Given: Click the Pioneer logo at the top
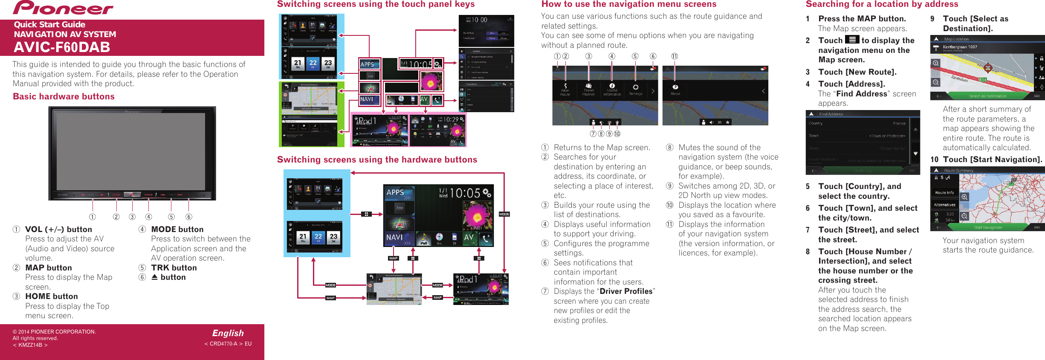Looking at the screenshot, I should tap(63, 8).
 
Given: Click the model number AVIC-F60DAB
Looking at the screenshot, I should tap(62, 47).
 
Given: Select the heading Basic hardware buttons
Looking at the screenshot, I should tap(64, 96).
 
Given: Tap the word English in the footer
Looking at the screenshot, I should tap(228, 333).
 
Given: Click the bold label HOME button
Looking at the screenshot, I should tap(51, 296).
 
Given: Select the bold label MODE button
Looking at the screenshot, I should tap(177, 229).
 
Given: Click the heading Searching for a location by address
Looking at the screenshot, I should tap(882, 4).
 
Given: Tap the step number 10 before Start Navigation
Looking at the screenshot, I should tap(934, 160).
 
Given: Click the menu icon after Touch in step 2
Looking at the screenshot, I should tap(852, 40).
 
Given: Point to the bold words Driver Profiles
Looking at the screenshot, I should tap(626, 291).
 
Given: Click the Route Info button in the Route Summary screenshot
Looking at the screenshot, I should tap(944, 193).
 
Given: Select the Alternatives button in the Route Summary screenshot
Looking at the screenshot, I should tap(944, 205).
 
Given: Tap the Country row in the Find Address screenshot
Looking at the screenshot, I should tap(857, 123).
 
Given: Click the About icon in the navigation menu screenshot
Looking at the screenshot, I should tap(675, 90).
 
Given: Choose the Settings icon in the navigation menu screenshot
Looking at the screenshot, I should tap(635, 90).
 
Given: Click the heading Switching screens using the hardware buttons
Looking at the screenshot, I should tap(377, 160).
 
